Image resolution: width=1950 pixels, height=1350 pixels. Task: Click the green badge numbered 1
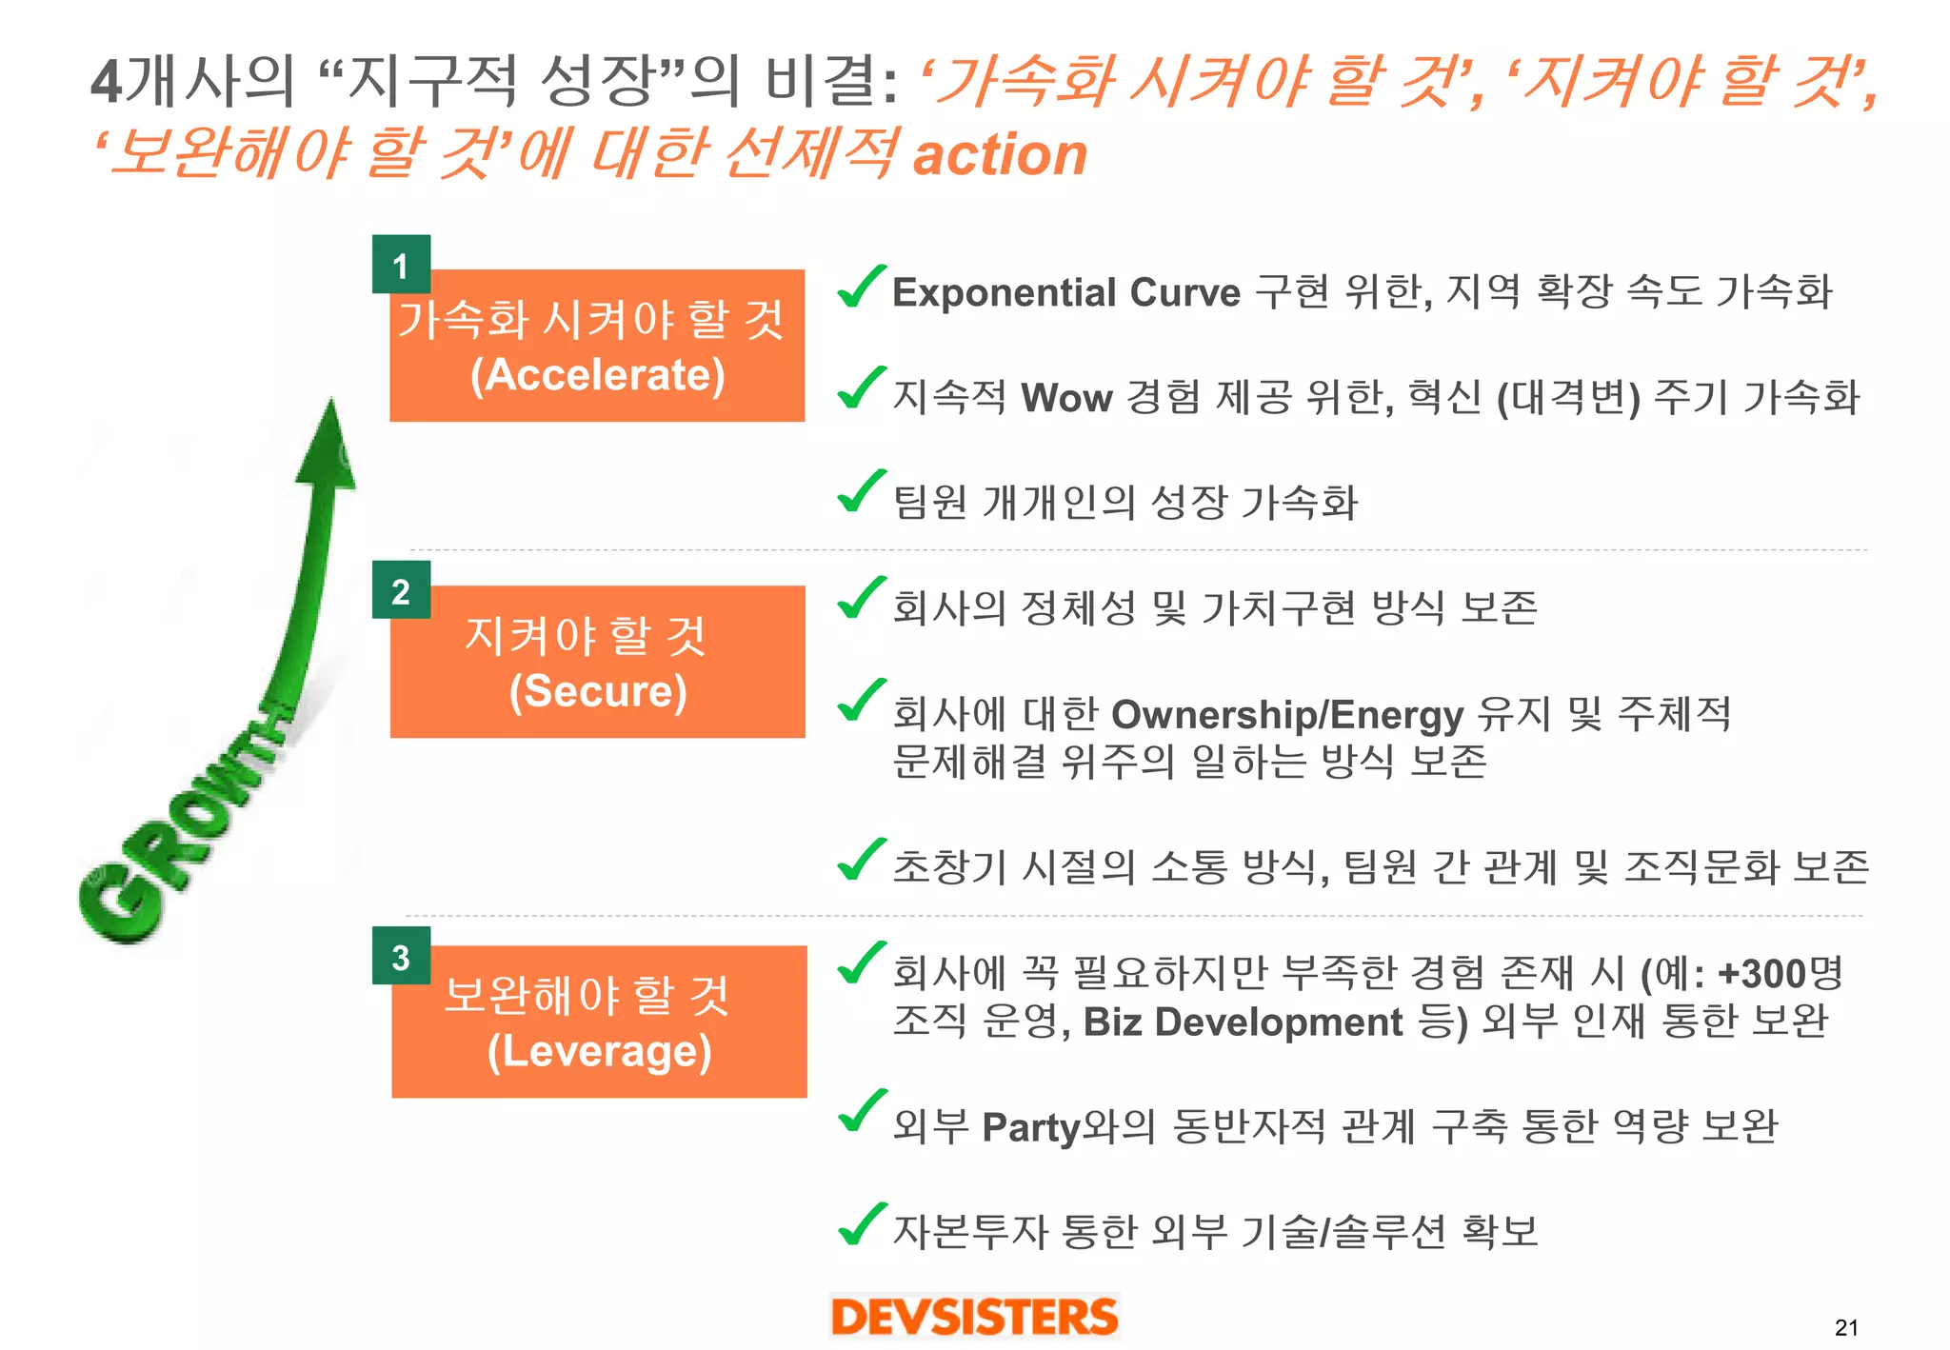401,265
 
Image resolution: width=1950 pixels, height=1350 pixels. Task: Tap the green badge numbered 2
401,590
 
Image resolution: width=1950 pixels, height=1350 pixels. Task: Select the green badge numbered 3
401,956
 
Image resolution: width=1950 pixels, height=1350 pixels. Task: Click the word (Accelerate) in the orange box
598,375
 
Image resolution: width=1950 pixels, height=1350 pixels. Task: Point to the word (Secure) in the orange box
598,691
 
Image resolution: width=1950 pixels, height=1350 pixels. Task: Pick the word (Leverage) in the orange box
599,1052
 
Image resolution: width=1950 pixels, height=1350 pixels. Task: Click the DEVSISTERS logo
974,1317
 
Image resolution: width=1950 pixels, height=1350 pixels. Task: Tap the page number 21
1846,1327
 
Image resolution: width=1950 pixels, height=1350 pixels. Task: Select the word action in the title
1000,154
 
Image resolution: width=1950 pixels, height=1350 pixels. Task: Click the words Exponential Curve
1066,292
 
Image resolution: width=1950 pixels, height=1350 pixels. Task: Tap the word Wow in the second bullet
1066,397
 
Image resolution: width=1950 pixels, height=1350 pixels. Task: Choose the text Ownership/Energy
1287,714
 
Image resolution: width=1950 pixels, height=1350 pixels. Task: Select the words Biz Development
1243,1022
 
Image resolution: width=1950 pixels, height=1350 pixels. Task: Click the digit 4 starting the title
107,81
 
